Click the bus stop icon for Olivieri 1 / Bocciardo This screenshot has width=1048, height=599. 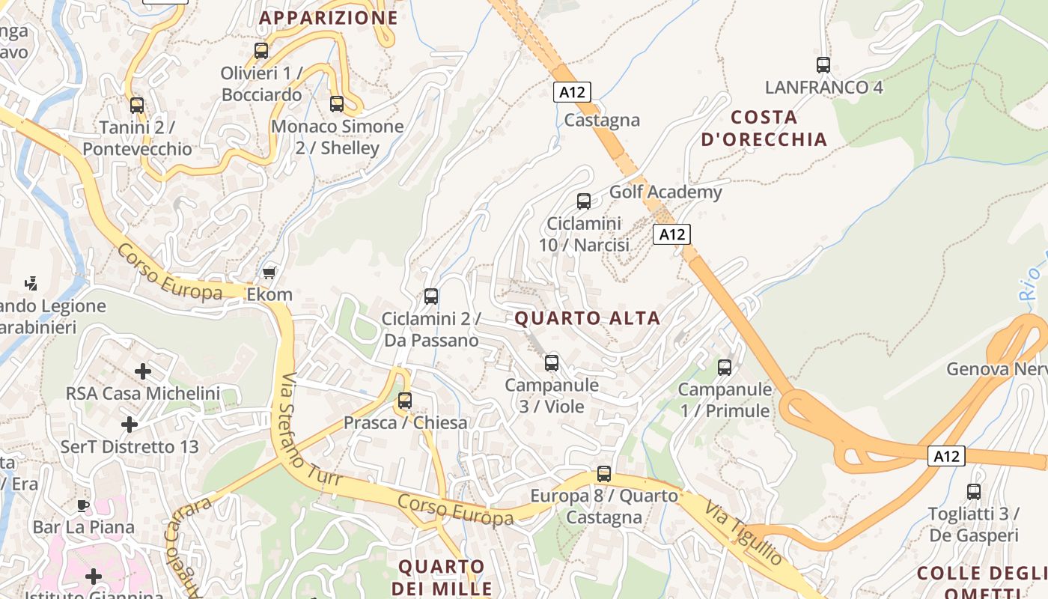(x=261, y=51)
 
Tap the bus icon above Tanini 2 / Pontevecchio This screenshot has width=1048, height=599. (x=137, y=105)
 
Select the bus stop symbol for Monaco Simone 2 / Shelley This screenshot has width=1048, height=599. (x=337, y=104)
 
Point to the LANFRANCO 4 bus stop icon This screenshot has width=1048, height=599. (x=823, y=65)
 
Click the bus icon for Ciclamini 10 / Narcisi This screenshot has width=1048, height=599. (x=584, y=201)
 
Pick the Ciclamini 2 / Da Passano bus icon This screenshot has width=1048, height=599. (x=431, y=297)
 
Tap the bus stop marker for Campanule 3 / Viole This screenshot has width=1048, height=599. (x=552, y=363)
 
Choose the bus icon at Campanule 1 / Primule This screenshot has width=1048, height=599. (x=725, y=368)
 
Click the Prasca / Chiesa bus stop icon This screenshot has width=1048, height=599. (x=405, y=401)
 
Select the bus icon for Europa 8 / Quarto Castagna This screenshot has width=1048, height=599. (x=604, y=474)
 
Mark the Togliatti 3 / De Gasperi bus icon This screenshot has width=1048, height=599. (x=974, y=492)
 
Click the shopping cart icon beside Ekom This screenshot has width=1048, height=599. (x=269, y=273)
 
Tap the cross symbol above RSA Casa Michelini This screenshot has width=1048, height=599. (x=142, y=371)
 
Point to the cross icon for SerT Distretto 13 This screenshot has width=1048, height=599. (x=130, y=425)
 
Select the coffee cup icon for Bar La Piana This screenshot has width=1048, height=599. (x=83, y=505)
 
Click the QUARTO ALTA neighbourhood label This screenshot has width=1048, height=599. (x=588, y=318)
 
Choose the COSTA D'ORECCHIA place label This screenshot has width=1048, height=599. (x=764, y=128)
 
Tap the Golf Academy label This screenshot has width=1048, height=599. (x=665, y=192)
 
